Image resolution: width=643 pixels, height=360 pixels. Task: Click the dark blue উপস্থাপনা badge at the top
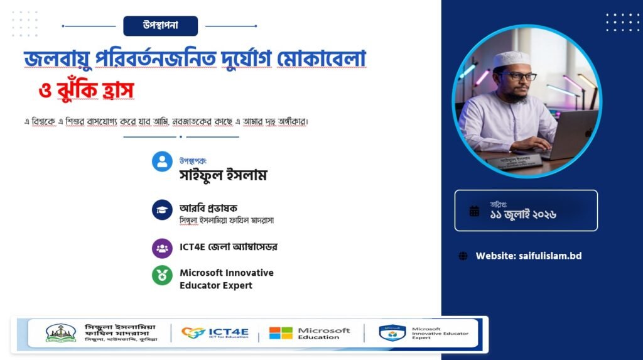click(160, 26)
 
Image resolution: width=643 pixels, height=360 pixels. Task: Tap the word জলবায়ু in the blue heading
click(57, 58)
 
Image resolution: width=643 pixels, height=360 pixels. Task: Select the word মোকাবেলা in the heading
click(321, 58)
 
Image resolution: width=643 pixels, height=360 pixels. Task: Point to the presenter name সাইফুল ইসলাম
click(223, 175)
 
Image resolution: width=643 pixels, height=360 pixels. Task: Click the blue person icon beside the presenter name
click(163, 161)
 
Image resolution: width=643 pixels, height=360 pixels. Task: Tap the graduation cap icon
click(163, 210)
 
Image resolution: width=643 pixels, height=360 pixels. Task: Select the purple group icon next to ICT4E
click(163, 248)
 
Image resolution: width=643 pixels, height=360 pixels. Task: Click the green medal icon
click(163, 275)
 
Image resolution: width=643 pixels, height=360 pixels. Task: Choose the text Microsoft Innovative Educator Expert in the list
click(226, 279)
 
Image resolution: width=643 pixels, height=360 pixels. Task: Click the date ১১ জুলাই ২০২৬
click(523, 214)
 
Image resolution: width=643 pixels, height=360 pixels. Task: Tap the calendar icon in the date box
click(474, 211)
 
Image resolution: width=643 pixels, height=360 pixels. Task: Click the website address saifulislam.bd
click(550, 256)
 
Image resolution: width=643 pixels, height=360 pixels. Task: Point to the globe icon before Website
click(463, 256)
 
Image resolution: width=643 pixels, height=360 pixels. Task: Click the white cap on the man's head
click(511, 58)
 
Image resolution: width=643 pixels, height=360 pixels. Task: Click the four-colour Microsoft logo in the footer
click(281, 333)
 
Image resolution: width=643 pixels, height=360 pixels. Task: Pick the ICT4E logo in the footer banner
click(215, 332)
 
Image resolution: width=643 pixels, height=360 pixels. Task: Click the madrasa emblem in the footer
click(61, 333)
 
